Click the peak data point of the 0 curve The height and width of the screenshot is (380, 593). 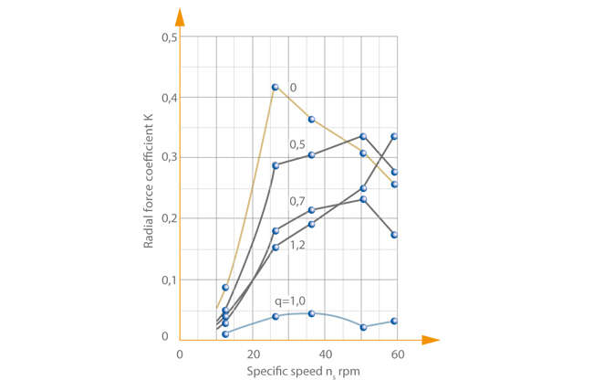(x=275, y=88)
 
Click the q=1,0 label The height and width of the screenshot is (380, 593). (x=292, y=301)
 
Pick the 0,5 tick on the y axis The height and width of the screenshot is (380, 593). (x=169, y=37)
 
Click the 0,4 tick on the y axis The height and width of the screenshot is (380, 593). (x=169, y=98)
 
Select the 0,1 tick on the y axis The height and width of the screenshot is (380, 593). (x=169, y=280)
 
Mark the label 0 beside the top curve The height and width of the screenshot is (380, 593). (x=293, y=88)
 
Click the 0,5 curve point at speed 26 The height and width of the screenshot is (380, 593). (x=275, y=165)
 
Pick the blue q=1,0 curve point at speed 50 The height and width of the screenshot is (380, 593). (x=363, y=327)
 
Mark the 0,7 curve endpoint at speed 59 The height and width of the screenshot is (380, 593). (x=394, y=235)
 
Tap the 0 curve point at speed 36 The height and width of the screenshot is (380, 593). (x=311, y=120)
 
